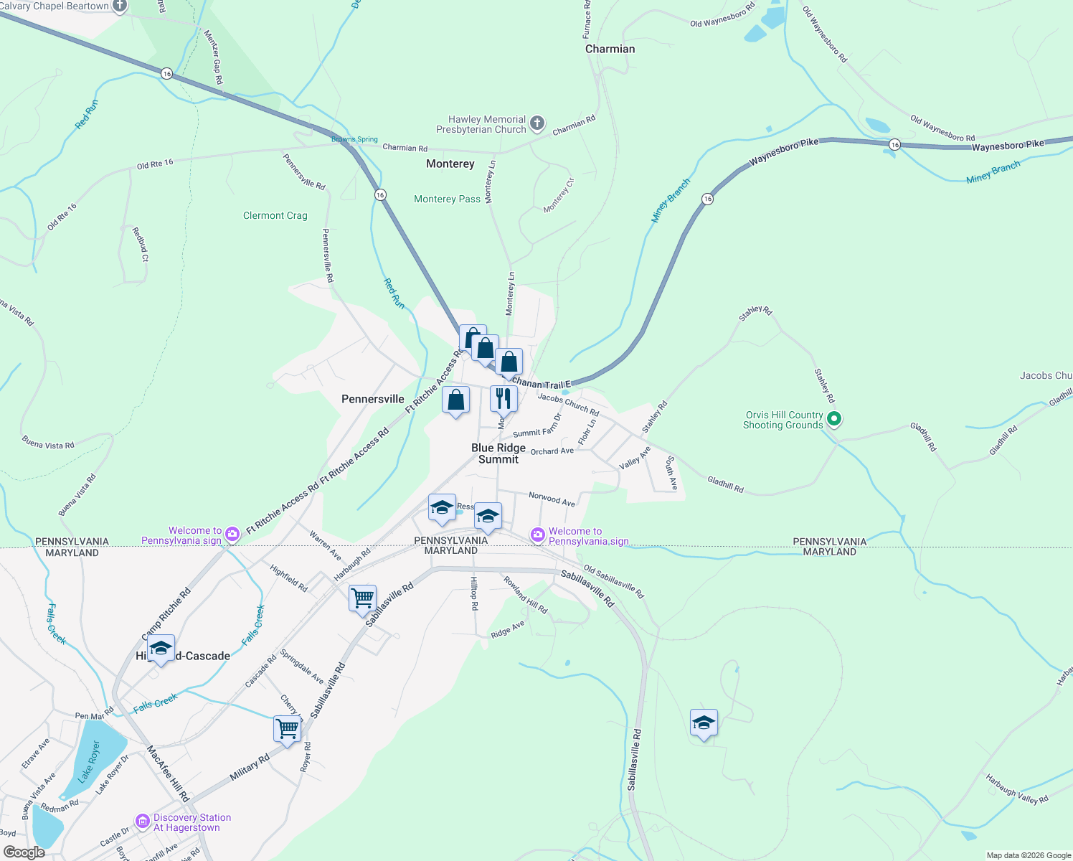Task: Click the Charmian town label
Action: tap(610, 49)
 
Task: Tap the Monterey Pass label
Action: tap(447, 199)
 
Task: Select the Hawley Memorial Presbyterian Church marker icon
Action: tap(537, 124)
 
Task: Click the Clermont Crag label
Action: tap(275, 215)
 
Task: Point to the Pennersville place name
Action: tap(372, 399)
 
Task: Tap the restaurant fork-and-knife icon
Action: tap(504, 398)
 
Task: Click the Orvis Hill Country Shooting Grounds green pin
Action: tap(833, 418)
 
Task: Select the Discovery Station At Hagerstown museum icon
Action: tap(143, 821)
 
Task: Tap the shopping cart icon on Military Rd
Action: tap(288, 728)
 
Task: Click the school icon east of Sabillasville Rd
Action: tap(704, 723)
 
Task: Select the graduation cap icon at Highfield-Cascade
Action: tap(161, 649)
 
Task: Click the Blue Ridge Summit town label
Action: tap(498, 453)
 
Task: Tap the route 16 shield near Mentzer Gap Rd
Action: tap(166, 74)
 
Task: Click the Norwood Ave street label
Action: tap(552, 499)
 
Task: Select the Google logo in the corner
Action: tap(24, 852)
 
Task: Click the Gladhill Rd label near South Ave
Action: tap(725, 484)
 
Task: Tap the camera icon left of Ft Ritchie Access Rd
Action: tap(232, 534)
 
